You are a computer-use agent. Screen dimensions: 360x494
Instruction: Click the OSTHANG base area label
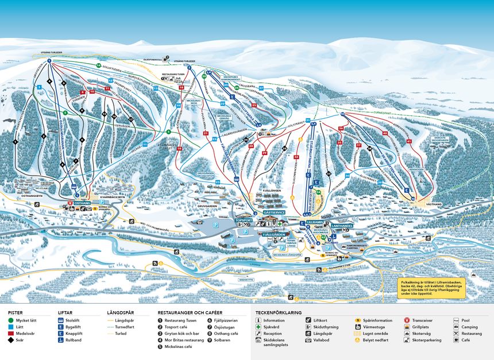(82, 203)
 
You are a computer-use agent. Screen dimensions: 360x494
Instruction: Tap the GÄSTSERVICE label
(274, 212)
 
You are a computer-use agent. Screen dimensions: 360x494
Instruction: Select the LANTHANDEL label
(341, 226)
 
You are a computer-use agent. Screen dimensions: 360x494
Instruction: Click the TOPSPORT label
(244, 220)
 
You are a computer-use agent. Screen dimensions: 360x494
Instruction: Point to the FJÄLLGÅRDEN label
(273, 235)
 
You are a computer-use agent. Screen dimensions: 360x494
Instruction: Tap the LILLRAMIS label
(315, 222)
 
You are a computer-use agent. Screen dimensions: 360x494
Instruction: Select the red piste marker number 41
(410, 141)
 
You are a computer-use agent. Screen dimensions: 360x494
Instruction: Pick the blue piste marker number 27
(261, 88)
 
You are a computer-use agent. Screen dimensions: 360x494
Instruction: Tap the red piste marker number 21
(205, 133)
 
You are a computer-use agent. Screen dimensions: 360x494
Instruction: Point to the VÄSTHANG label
(433, 203)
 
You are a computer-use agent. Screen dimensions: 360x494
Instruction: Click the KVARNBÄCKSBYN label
(105, 195)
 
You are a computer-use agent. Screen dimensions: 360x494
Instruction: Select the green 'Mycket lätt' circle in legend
(11, 320)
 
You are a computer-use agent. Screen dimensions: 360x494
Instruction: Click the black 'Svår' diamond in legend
(11, 340)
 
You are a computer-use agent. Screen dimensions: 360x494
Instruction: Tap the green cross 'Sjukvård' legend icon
(258, 327)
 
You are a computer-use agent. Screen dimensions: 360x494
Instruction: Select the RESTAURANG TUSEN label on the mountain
(172, 74)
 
